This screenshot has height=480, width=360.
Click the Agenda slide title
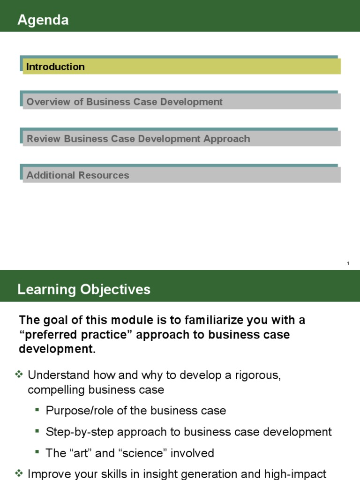point(43,20)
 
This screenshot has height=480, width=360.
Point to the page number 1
point(348,263)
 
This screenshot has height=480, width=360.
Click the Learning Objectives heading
point(84,289)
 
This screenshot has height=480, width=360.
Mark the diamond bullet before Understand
point(19,375)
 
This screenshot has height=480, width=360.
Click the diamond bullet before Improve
point(19,473)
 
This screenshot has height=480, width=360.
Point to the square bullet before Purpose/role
point(37,410)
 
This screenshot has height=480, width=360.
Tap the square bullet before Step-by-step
point(37,431)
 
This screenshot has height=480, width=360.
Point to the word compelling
point(55,390)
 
